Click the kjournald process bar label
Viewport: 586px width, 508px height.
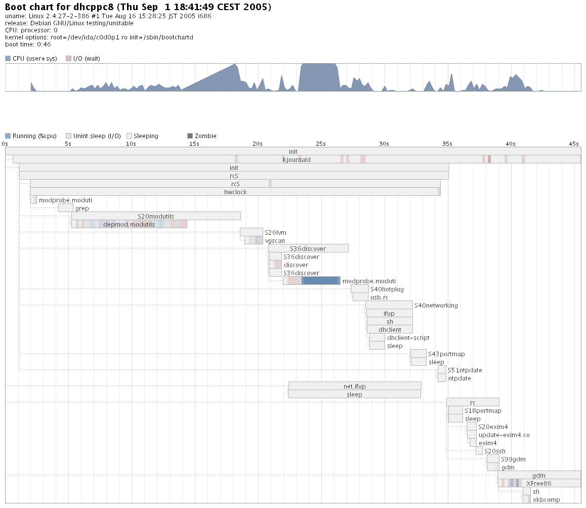[297, 159]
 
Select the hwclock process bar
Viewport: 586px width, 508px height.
[235, 192]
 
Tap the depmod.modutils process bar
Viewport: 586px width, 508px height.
[129, 224]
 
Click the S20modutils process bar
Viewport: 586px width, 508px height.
[156, 216]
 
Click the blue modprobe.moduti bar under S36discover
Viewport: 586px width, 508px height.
[320, 281]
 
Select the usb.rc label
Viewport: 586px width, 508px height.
[379, 298]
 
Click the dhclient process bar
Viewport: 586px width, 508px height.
[390, 329]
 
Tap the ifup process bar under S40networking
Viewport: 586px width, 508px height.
[389, 313]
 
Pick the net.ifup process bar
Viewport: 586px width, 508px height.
[354, 386]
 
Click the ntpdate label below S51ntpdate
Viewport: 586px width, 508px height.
[459, 378]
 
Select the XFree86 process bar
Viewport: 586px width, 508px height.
[539, 483]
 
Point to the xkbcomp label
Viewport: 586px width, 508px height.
[546, 500]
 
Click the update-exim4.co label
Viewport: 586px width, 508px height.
[504, 435]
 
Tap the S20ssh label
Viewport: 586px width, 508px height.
[494, 451]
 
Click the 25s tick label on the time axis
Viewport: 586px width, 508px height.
[320, 144]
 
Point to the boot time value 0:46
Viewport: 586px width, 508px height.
[44, 45]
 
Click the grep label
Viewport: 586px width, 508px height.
[82, 208]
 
